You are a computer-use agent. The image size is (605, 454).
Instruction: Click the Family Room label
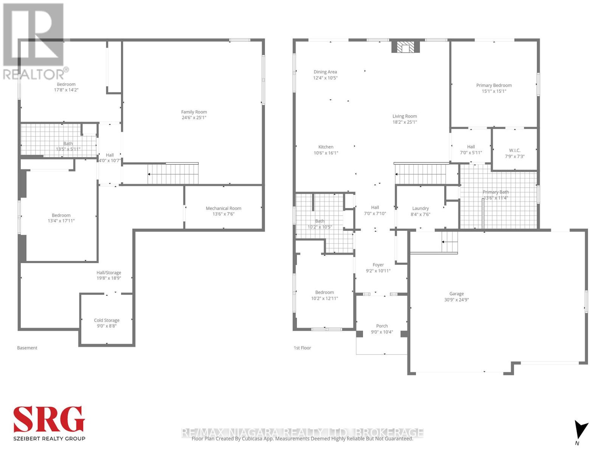tap(194, 112)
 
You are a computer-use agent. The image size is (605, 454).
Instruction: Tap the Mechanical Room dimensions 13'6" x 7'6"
tap(223, 214)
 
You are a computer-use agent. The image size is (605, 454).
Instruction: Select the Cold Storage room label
tap(107, 320)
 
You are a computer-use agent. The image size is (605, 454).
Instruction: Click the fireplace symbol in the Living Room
tap(405, 47)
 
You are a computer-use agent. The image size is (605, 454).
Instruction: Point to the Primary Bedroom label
tap(494, 86)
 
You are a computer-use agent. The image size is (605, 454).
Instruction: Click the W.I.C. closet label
tap(515, 151)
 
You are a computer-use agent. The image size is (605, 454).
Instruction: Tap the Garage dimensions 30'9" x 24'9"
tap(456, 300)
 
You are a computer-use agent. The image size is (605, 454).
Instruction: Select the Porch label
tap(382, 326)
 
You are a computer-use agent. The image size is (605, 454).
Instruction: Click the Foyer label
tap(378, 265)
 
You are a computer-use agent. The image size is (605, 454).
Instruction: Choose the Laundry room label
tap(420, 208)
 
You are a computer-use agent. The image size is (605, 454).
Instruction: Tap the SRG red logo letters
tap(49, 420)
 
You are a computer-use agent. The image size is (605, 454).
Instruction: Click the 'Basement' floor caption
tap(27, 348)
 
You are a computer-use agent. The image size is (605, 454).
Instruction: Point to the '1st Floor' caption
tap(302, 348)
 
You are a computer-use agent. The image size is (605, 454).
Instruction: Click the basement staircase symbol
tap(173, 174)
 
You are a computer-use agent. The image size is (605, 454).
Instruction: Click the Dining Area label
tap(325, 72)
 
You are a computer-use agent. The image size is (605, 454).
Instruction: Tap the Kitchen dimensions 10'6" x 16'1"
tap(326, 153)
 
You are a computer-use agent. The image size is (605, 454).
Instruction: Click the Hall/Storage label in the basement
tap(109, 273)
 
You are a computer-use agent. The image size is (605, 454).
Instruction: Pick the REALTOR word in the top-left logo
tap(34, 74)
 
